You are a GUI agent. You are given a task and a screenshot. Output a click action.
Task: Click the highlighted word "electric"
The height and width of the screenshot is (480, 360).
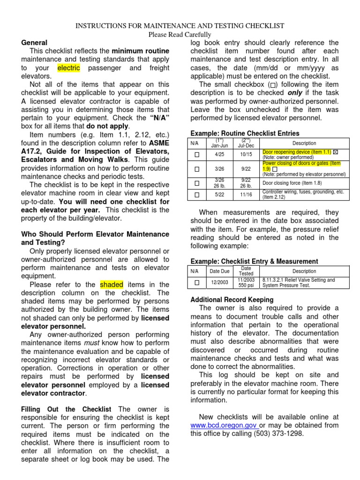click(68, 68)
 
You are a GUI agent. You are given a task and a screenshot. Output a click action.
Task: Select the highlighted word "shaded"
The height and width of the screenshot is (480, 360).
click(111, 285)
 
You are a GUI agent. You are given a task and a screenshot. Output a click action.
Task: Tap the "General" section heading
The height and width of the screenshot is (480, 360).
click(34, 43)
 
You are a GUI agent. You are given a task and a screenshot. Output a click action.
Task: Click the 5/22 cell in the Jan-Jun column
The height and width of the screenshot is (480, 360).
click(220, 195)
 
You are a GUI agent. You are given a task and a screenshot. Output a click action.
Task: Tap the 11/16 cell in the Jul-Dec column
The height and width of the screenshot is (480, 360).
click(246, 195)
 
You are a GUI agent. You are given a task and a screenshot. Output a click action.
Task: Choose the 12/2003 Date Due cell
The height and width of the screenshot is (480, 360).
click(220, 283)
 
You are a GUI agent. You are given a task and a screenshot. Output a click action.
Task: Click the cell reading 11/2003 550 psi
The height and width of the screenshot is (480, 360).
click(246, 283)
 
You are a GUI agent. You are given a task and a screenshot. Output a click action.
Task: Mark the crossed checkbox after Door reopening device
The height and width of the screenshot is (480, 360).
click(336, 152)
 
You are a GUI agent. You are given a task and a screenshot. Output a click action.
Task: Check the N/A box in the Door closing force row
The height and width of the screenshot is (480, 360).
click(197, 183)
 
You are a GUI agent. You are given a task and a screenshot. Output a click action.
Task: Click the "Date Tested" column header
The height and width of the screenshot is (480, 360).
click(246, 271)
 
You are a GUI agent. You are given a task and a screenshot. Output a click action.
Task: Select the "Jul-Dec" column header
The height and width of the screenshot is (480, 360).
click(246, 143)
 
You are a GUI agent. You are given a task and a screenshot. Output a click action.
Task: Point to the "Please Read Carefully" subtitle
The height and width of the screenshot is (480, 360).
click(180, 34)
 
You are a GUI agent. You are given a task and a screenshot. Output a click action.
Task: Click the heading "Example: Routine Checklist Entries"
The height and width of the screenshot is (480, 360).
click(245, 133)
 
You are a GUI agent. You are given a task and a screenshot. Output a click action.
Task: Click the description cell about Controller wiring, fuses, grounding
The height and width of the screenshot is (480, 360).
click(304, 195)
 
